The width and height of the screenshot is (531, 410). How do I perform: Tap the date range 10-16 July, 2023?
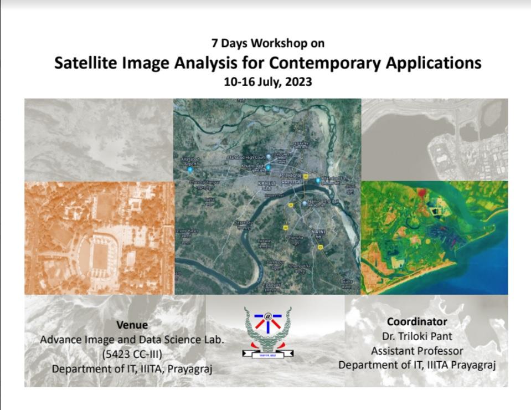coord(267,82)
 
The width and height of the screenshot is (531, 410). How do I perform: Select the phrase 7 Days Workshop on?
coord(267,43)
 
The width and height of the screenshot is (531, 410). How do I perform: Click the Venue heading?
coord(132,325)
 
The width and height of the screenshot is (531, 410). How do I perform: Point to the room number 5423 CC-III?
coord(132,354)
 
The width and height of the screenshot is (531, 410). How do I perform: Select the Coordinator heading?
coord(417,321)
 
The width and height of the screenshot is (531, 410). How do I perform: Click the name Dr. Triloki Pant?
coord(417,336)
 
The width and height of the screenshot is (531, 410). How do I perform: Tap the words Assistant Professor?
coord(417,350)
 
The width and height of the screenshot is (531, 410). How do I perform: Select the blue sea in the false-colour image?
coord(487,266)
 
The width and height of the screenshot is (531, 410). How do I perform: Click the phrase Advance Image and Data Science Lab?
coord(132,340)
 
